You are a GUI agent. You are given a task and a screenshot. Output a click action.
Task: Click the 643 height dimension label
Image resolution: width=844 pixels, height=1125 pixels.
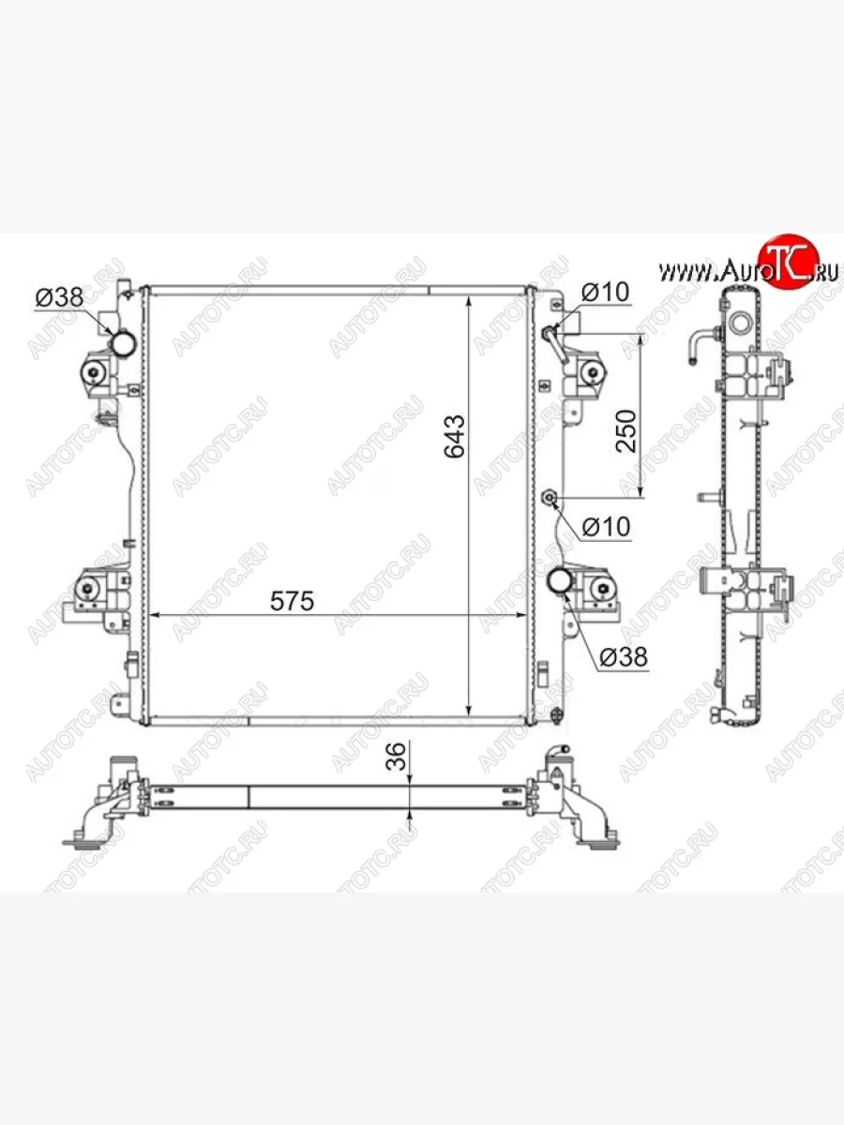click(455, 436)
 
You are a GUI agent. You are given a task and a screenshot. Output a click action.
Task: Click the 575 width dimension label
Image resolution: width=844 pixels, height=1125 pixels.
click(292, 601)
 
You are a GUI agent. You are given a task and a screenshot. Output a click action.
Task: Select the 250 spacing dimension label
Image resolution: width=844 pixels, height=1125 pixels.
click(625, 431)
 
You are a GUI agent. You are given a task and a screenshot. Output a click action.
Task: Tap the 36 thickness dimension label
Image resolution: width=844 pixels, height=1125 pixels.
click(396, 756)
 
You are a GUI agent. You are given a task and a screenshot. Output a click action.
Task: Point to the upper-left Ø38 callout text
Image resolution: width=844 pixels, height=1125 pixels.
click(59, 297)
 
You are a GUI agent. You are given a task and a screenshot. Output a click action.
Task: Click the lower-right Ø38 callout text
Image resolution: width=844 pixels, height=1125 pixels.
click(624, 656)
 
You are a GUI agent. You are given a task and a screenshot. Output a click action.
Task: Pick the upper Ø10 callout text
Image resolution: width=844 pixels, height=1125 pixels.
click(605, 292)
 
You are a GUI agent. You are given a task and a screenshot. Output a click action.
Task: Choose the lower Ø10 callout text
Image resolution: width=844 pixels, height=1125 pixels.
click(606, 526)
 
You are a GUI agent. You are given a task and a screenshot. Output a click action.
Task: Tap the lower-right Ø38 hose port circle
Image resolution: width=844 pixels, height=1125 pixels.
click(560, 580)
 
